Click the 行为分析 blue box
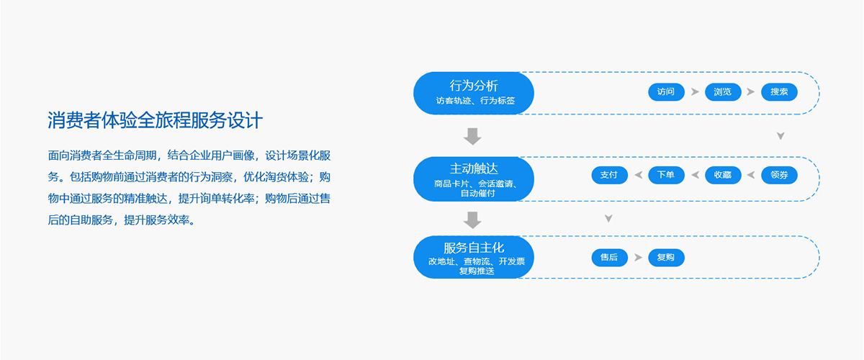pyautogui.click(x=474, y=93)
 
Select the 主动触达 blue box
pyautogui.click(x=474, y=179)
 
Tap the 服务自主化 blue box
pyautogui.click(x=474, y=257)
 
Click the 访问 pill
pyautogui.click(x=666, y=92)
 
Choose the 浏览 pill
pyautogui.click(x=723, y=92)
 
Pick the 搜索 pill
pyautogui.click(x=779, y=92)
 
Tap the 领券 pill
pyautogui.click(x=779, y=175)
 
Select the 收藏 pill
pyautogui.click(x=723, y=175)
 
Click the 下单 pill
pyautogui.click(x=666, y=175)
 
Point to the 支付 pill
pyautogui.click(x=609, y=175)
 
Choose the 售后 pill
pyautogui.click(x=609, y=257)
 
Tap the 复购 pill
pyautogui.click(x=666, y=257)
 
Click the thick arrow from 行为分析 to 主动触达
pyautogui.click(x=472, y=136)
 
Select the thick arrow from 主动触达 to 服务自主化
pyautogui.click(x=472, y=220)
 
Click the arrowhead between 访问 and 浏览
pyautogui.click(x=695, y=92)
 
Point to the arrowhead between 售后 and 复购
pyautogui.click(x=639, y=257)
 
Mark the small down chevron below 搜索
pyautogui.click(x=780, y=136)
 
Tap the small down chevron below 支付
pyautogui.click(x=608, y=219)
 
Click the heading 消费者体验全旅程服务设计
pyautogui.click(x=155, y=120)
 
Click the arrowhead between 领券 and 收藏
pyautogui.click(x=751, y=175)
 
